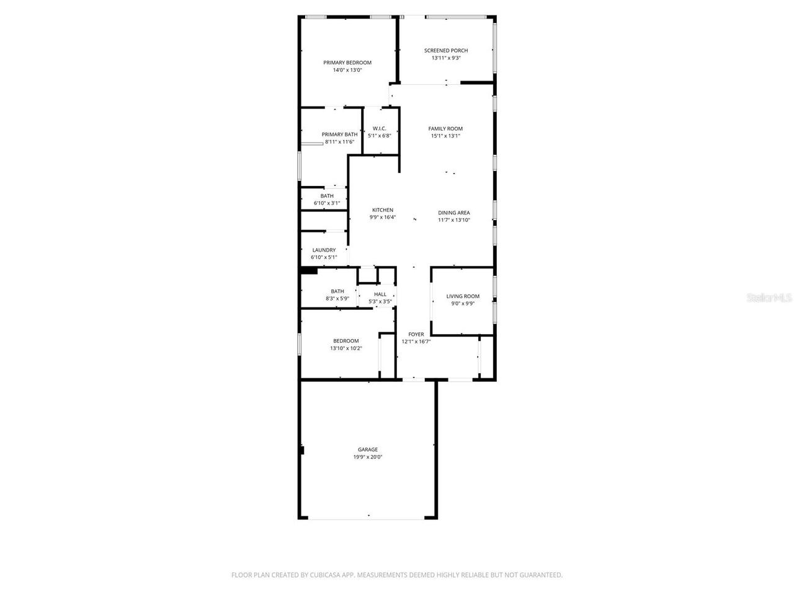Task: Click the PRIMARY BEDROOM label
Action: tap(347, 63)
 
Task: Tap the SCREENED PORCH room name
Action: tap(445, 51)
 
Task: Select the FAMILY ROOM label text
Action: tap(445, 129)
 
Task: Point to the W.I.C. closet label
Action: tap(379, 128)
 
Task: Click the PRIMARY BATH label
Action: tap(339, 134)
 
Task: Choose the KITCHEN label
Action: tap(382, 210)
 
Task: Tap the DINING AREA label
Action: tap(453, 213)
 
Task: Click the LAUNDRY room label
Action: tap(324, 250)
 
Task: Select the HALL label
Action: tap(380, 294)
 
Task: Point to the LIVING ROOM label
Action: tap(463, 296)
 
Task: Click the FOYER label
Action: tap(416, 335)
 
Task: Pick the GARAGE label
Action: tap(367, 450)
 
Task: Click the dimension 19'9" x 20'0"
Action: tap(367, 457)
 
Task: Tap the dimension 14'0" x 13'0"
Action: tap(347, 70)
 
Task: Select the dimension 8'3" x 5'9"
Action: tap(337, 299)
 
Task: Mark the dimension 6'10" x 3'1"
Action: tap(326, 203)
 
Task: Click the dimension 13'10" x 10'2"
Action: tap(346, 348)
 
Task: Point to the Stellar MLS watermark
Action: tap(769, 298)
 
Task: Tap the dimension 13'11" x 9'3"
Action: tap(445, 58)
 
